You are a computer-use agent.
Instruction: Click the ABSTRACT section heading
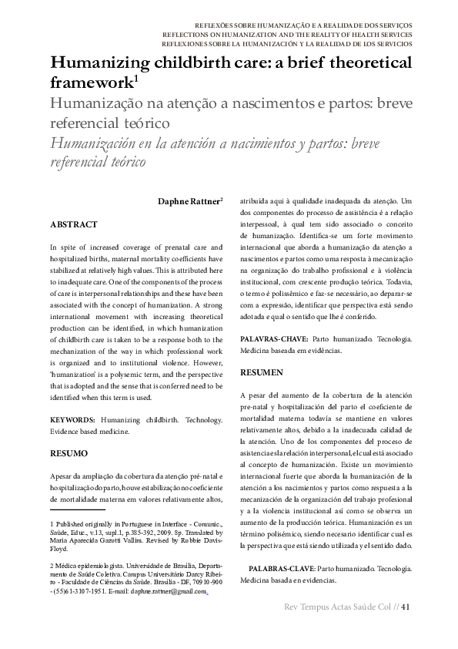pyautogui.click(x=73, y=224)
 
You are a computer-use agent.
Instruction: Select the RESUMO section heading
pyautogui.click(x=69, y=453)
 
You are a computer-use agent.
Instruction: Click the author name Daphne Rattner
pyautogui.click(x=188, y=202)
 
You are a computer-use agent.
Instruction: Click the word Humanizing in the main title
pyautogui.click(x=101, y=63)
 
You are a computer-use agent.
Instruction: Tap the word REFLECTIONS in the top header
pyautogui.click(x=189, y=35)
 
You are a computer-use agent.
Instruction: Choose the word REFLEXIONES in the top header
pyautogui.click(x=188, y=44)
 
